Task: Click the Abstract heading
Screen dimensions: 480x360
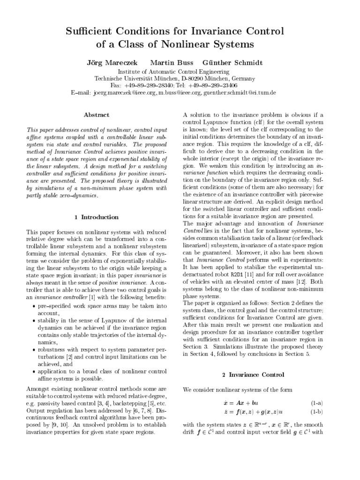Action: pos(97,114)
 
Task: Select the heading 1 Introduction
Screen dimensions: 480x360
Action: pos(97,217)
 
